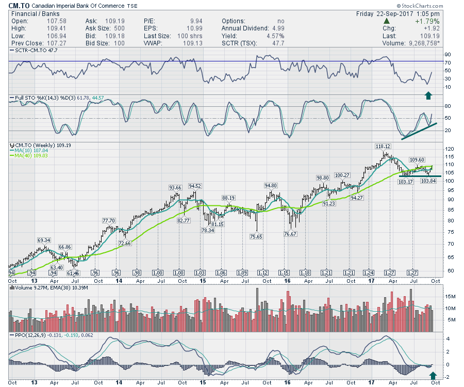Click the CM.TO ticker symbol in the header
point(20,6)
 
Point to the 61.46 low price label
point(75,272)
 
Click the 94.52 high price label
point(195,186)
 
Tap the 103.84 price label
point(428,181)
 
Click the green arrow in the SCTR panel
point(428,95)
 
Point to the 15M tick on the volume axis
point(452,297)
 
